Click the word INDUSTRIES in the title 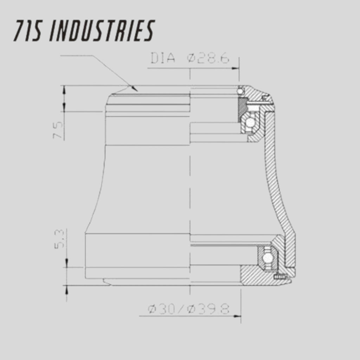click(102, 31)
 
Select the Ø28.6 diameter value click(208, 58)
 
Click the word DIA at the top click(163, 58)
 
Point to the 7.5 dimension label click(58, 130)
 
